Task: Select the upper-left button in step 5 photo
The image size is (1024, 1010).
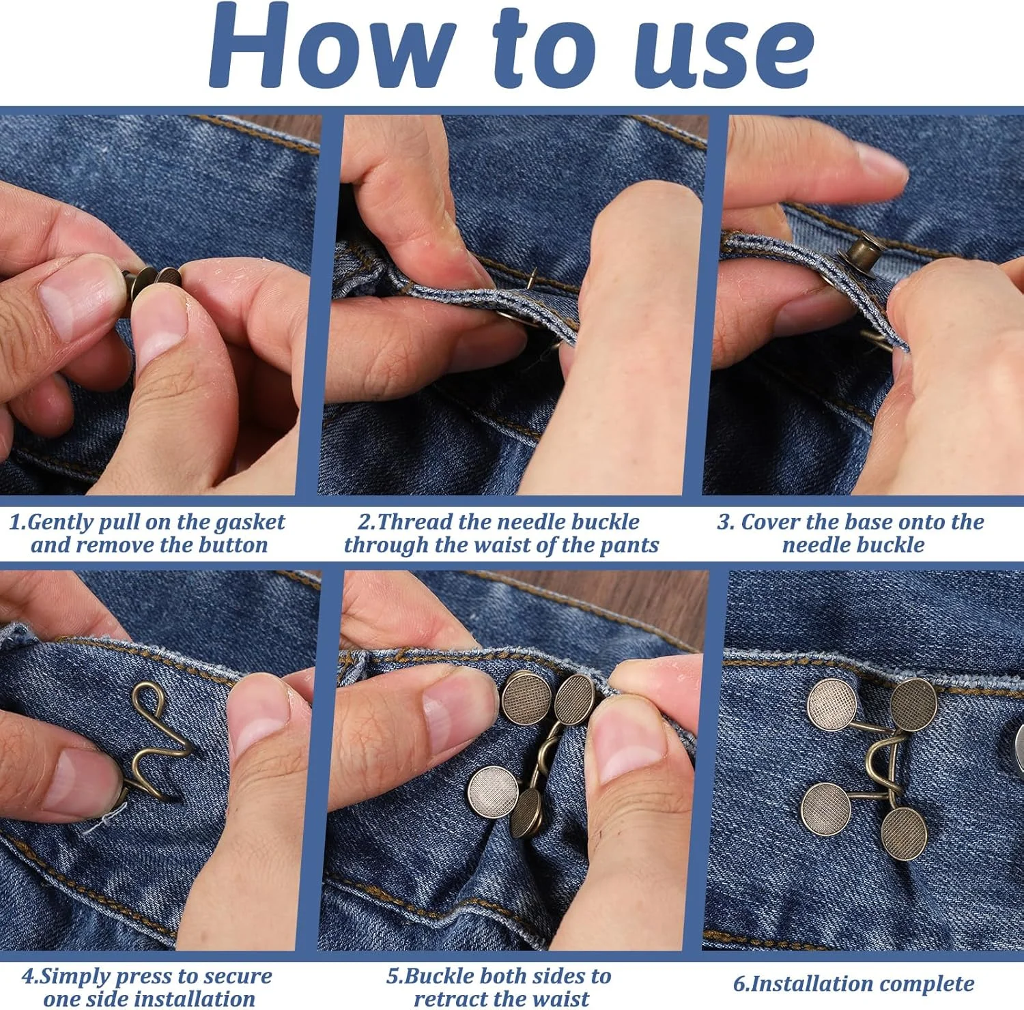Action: click(526, 697)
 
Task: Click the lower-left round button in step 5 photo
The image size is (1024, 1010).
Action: click(493, 792)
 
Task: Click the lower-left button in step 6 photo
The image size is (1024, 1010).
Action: click(826, 809)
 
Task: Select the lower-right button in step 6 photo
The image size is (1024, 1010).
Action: click(904, 833)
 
